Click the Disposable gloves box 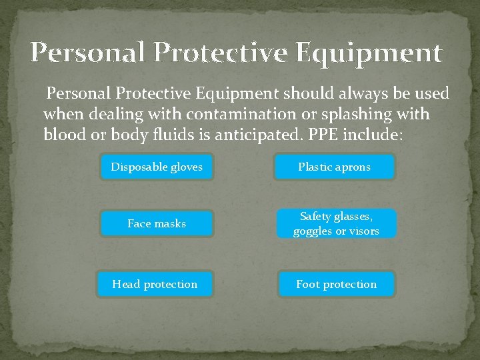point(157,167)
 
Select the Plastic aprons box point(335,167)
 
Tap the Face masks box point(157,224)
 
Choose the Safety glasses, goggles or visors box point(335,224)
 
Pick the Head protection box point(155,284)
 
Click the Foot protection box point(336,284)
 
